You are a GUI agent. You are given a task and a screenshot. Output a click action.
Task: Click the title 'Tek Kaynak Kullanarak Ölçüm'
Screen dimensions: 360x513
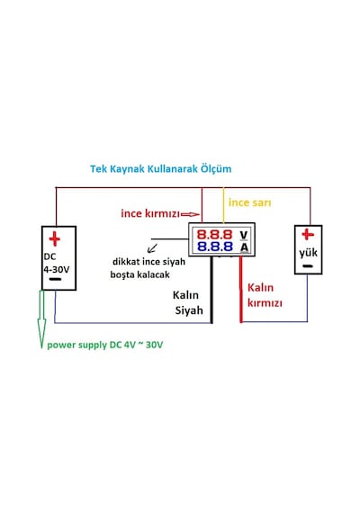161,169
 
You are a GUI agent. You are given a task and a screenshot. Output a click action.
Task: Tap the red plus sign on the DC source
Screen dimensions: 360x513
55,238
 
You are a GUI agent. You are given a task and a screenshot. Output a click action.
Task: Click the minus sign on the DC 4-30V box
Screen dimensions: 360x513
55,279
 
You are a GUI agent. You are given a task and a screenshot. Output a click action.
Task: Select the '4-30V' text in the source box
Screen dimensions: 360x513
57,269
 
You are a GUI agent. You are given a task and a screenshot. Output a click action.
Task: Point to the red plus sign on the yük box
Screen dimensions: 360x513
308,234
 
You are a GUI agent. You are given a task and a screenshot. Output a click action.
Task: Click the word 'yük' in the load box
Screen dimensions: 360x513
309,253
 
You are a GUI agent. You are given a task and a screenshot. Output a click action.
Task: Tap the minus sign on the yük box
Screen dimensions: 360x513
308,266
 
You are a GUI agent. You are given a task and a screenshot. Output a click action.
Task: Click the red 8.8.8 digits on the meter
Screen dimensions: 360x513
214,234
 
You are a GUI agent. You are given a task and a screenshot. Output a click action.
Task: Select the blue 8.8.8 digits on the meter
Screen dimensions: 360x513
215,246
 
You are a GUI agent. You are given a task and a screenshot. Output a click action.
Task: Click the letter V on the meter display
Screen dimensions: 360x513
244,235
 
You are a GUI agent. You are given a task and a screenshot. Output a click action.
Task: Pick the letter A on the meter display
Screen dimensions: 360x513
244,247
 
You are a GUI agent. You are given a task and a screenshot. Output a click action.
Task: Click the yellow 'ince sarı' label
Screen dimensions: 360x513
249,202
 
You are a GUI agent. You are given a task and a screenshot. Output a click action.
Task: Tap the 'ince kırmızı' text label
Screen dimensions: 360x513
150,213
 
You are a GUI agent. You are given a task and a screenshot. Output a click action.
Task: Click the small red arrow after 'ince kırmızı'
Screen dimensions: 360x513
190,214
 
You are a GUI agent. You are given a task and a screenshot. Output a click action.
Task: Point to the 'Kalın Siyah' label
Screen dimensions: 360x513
187,302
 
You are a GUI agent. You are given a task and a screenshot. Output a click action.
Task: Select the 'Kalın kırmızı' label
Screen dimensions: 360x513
265,295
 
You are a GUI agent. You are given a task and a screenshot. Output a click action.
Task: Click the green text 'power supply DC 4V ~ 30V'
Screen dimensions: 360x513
105,345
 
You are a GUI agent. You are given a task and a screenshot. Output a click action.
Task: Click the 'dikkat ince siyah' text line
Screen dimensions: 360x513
148,262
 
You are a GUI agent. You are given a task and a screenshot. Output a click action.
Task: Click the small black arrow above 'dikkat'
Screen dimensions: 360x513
152,248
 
